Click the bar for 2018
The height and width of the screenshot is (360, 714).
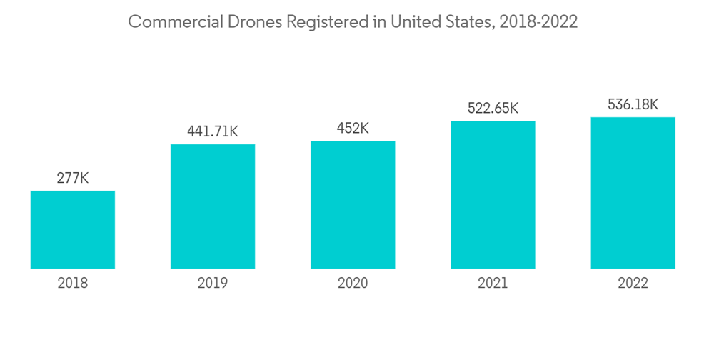[73, 229]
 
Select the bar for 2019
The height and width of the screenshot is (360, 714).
[213, 206]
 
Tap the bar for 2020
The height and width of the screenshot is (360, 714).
[353, 204]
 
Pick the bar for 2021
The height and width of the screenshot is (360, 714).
[493, 194]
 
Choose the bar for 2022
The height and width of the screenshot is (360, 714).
[633, 193]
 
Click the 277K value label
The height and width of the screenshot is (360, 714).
[73, 178]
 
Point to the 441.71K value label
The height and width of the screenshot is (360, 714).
[213, 131]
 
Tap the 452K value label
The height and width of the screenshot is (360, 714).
[353, 129]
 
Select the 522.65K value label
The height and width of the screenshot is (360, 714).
[493, 109]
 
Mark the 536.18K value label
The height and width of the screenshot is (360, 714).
[633, 105]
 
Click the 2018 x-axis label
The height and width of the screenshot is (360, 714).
[73, 284]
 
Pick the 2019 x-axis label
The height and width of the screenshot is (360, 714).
[213, 284]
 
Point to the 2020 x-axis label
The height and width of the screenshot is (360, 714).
[353, 284]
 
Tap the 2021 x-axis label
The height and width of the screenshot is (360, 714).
[493, 284]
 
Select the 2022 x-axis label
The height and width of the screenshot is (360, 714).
[633, 284]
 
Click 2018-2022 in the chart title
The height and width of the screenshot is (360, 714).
[538, 22]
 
